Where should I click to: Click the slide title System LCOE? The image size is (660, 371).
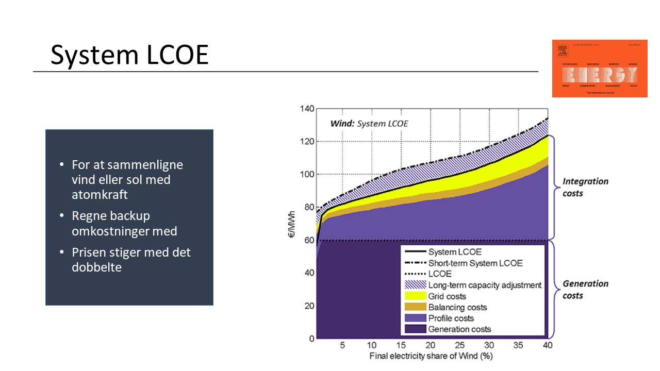(x=129, y=55)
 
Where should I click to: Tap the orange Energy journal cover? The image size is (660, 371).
(x=599, y=69)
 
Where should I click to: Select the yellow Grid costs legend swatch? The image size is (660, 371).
(x=415, y=296)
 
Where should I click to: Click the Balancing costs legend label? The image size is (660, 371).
(x=457, y=307)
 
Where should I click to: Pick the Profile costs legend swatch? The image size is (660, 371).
(x=415, y=318)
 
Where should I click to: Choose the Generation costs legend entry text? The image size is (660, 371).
(x=459, y=329)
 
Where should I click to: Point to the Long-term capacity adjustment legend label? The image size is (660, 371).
(x=485, y=285)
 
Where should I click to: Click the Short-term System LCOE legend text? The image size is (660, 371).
(x=475, y=263)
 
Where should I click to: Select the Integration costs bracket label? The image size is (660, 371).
(x=585, y=187)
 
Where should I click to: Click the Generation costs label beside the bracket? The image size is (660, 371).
(x=585, y=290)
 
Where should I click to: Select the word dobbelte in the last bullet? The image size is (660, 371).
(x=96, y=267)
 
